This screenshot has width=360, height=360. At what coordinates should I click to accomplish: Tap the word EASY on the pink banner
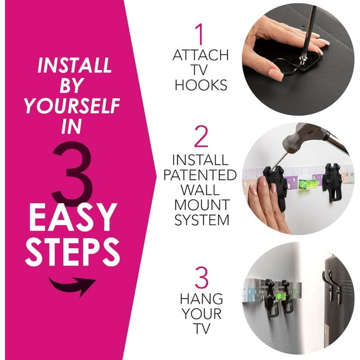pyautogui.click(x=73, y=217)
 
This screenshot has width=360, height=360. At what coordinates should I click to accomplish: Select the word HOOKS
pyautogui.click(x=199, y=84)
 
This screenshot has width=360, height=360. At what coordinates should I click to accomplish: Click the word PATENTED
pyautogui.click(x=200, y=174)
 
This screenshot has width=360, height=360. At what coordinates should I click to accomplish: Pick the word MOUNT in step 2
pyautogui.click(x=200, y=205)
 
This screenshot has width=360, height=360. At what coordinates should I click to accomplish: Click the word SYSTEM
pyautogui.click(x=200, y=220)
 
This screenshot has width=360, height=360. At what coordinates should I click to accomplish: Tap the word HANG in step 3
pyautogui.click(x=201, y=299)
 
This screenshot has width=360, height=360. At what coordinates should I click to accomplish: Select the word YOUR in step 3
pyautogui.click(x=201, y=314)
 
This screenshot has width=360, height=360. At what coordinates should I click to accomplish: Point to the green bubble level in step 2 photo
pyautogui.click(x=307, y=183)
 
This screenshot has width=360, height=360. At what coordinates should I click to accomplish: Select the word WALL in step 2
pyautogui.click(x=200, y=190)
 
